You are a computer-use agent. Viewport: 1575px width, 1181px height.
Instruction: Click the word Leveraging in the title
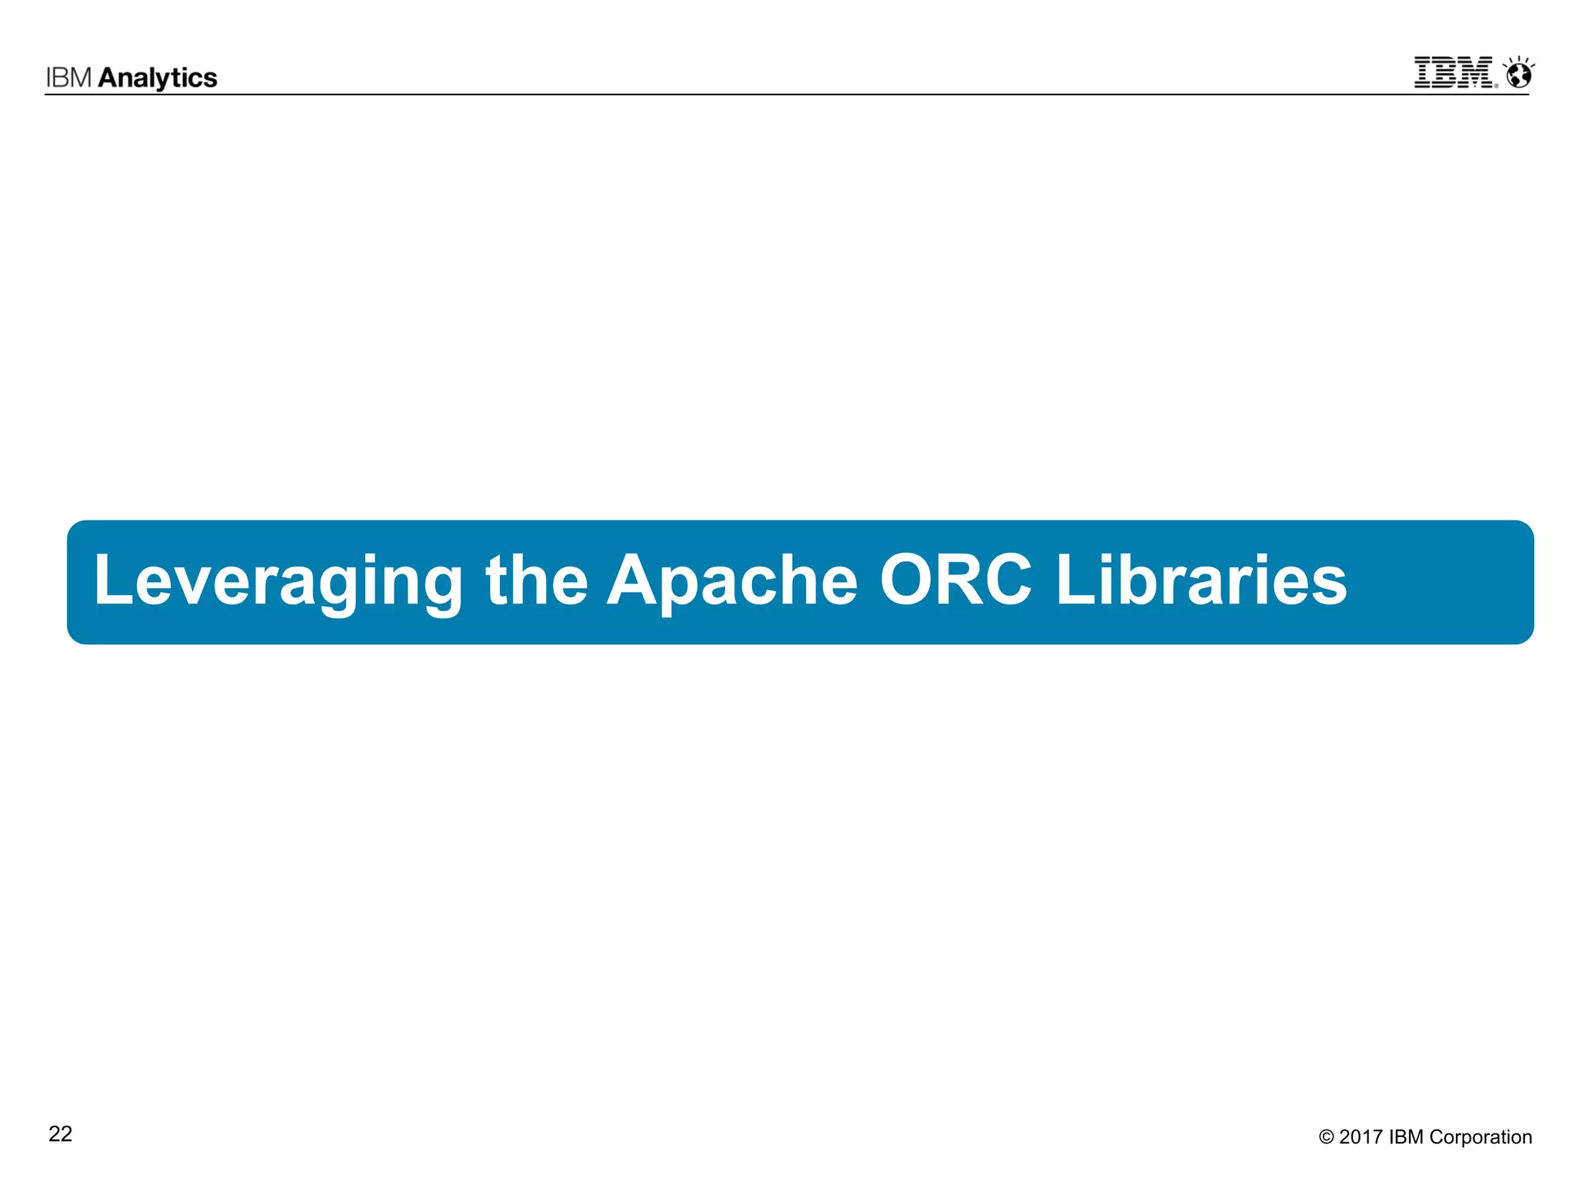(x=278, y=582)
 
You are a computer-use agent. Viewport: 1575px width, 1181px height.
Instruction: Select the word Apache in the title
(x=732, y=582)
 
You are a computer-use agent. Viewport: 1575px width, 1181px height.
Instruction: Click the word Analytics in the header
(x=158, y=78)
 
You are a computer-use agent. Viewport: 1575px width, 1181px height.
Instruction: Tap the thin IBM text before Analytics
(x=69, y=78)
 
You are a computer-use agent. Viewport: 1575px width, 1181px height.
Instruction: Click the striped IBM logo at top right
(x=1453, y=72)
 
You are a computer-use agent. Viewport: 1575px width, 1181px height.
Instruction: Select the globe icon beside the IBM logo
(x=1519, y=76)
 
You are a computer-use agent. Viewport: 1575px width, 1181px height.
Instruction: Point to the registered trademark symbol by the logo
(x=1496, y=85)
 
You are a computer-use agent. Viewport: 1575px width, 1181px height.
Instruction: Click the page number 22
(x=60, y=1134)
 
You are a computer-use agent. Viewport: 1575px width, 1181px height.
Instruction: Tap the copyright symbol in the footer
(x=1326, y=1137)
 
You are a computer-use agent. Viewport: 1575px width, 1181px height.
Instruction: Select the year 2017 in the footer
(x=1360, y=1137)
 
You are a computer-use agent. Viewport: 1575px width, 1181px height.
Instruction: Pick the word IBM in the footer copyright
(x=1407, y=1137)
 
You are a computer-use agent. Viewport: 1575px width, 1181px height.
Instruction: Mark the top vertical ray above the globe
(x=1519, y=59)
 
